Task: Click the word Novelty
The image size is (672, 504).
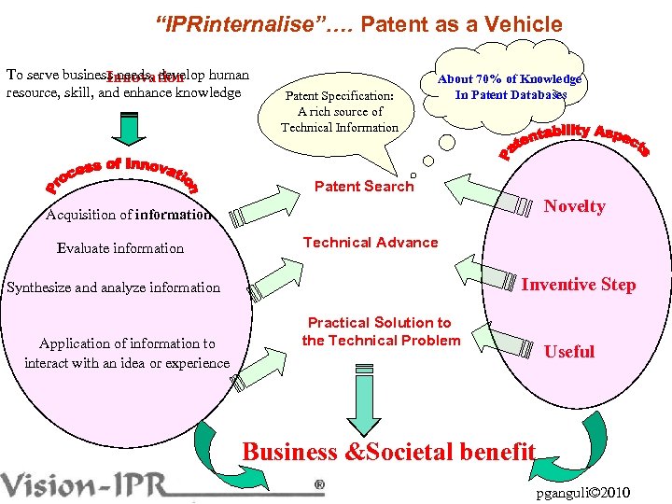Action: click(x=574, y=206)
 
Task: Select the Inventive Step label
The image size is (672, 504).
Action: click(x=578, y=285)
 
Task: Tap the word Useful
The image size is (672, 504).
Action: click(x=568, y=351)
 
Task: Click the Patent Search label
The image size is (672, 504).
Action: click(x=363, y=186)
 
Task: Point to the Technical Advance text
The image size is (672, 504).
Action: click(x=370, y=243)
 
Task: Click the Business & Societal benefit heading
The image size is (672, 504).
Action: click(x=388, y=452)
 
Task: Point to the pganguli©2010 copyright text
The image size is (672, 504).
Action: click(x=584, y=492)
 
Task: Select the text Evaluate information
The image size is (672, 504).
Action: click(x=120, y=248)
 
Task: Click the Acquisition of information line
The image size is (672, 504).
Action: click(x=128, y=215)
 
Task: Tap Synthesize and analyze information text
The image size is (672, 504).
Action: click(x=114, y=287)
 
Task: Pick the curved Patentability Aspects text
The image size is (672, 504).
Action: click(x=574, y=140)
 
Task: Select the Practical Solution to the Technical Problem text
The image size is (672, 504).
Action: click(x=380, y=331)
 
